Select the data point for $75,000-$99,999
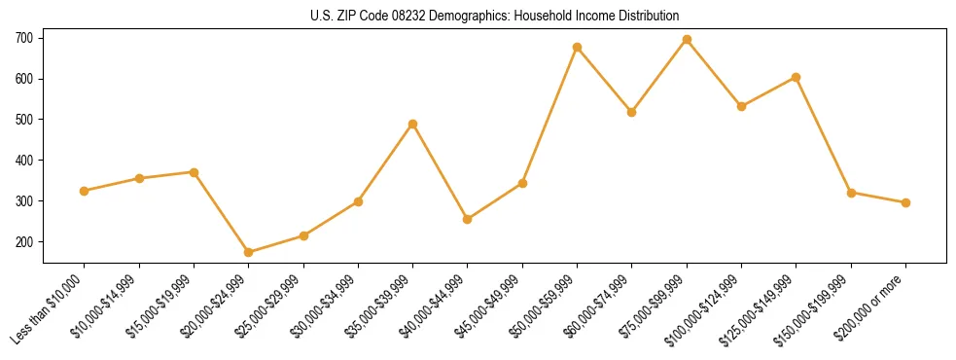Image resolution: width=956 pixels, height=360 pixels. pyautogui.click(x=687, y=40)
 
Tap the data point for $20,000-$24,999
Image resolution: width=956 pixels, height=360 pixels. pyautogui.click(x=249, y=252)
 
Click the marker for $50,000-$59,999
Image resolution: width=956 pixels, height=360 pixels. pyautogui.click(x=578, y=47)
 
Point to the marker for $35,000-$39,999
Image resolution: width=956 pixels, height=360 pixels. pyautogui.click(x=413, y=124)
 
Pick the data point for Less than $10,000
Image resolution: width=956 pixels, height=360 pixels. pyautogui.click(x=85, y=191)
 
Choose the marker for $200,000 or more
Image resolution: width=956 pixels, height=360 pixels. pyautogui.click(x=905, y=202)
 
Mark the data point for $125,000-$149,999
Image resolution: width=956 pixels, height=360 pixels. pyautogui.click(x=797, y=77)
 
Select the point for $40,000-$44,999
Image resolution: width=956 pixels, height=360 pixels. pyautogui.click(x=468, y=219)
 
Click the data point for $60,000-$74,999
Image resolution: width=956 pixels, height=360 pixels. pyautogui.click(x=632, y=112)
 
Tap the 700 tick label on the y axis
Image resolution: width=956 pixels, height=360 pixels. pyautogui.click(x=24, y=38)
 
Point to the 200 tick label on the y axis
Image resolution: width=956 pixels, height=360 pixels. pyautogui.click(x=24, y=241)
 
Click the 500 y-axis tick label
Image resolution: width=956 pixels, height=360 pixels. pyautogui.click(x=24, y=120)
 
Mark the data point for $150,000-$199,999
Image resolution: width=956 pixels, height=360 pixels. pyautogui.click(x=851, y=193)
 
